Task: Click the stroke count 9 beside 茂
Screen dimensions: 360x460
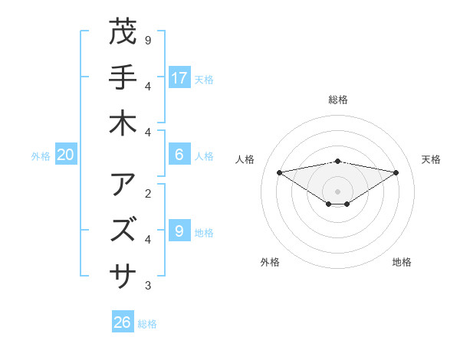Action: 148,40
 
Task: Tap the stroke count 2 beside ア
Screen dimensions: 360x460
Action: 148,192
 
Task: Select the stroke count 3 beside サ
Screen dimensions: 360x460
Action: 148,286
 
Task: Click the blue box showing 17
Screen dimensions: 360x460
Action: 179,77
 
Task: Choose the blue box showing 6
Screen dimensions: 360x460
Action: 179,155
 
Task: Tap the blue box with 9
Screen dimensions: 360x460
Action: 179,231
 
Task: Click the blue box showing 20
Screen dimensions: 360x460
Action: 65,155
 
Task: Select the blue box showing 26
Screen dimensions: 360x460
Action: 122,322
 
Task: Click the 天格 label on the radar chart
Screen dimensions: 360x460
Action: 431,159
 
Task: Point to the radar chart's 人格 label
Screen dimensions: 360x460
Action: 246,159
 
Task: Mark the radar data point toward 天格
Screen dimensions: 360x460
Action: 396,172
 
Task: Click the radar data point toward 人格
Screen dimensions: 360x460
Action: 279,172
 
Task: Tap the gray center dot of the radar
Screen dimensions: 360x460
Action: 337,191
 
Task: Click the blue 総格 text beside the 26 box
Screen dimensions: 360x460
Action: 147,324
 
